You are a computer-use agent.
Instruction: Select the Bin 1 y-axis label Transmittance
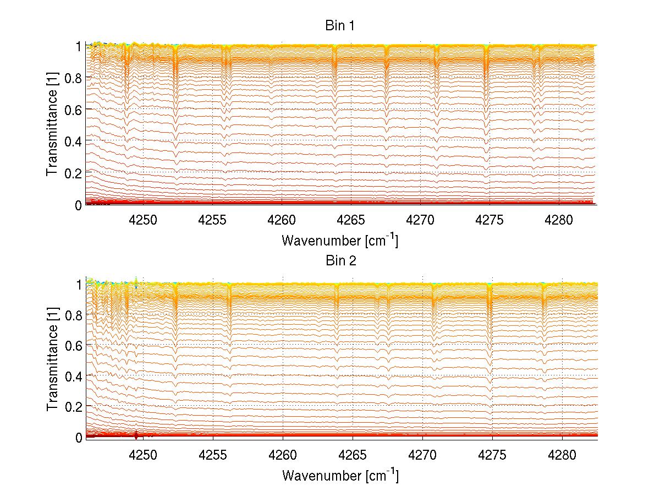pos(52,126)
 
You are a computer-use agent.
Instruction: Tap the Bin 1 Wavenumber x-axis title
pos(340,241)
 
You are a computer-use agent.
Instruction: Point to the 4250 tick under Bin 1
pos(143,220)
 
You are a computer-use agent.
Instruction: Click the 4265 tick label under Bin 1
pos(352,220)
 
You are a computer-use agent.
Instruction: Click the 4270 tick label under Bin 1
pos(422,220)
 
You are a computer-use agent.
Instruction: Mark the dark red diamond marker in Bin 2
pos(136,435)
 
